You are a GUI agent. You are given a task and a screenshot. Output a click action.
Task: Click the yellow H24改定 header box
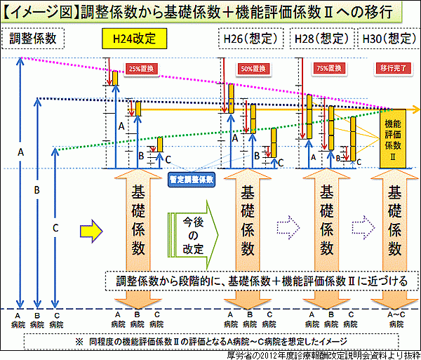pos(138,37)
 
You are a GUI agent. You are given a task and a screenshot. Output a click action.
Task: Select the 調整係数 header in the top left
pos(33,38)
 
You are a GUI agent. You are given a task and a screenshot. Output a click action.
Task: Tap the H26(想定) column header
pos(250,38)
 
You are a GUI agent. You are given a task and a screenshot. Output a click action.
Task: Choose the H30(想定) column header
pos(388,38)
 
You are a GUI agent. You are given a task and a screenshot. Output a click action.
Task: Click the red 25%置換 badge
pos(138,69)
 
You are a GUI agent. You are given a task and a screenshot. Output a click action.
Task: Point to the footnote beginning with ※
pos(210,340)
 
